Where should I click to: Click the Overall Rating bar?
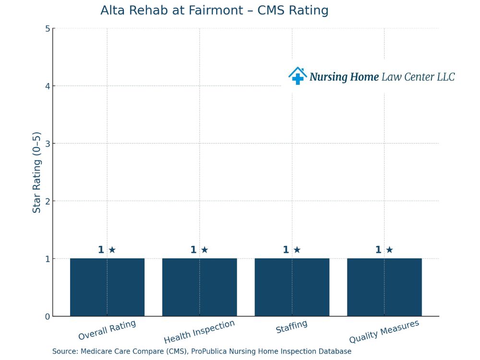[x=107, y=287]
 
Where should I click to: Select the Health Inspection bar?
[x=199, y=287]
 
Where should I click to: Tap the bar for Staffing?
[x=292, y=287]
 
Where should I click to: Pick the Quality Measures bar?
[x=384, y=287]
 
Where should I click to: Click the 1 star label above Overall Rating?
[x=107, y=250]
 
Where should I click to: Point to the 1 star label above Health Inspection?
[x=199, y=250]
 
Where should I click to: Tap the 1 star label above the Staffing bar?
[x=292, y=250]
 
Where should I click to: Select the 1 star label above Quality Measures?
[x=384, y=250]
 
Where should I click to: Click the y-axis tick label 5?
[x=47, y=29]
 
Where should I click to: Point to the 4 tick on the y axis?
[x=47, y=86]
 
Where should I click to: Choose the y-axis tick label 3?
[x=47, y=144]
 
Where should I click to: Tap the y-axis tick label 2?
[x=47, y=201]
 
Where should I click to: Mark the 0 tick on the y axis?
[x=47, y=316]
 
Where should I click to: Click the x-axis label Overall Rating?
[x=107, y=330]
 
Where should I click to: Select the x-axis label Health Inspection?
[x=199, y=332]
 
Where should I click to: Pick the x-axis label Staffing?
[x=291, y=327]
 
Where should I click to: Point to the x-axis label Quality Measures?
[x=384, y=332]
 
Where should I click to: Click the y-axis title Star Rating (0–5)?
[x=37, y=172]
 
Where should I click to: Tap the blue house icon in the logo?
[x=297, y=76]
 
